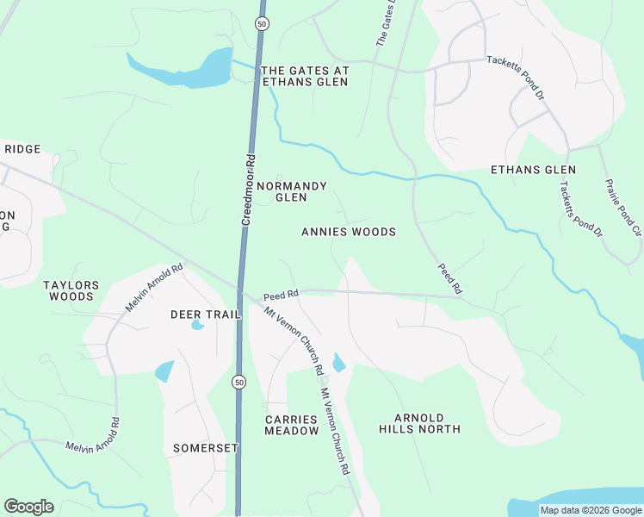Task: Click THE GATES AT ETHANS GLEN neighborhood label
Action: [x=304, y=76]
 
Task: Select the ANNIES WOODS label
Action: [x=349, y=232]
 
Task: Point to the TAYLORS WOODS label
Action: [x=71, y=290]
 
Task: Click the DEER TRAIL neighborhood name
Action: [x=205, y=315]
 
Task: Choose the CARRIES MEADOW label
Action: [x=291, y=425]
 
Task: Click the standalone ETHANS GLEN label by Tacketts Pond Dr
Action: [x=533, y=170]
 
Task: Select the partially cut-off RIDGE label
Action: [x=22, y=149]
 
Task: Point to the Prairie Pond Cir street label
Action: [x=623, y=207]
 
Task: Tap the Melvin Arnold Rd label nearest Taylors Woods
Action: [x=156, y=288]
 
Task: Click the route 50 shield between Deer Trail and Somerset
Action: [x=238, y=381]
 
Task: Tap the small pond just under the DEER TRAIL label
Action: [x=197, y=326]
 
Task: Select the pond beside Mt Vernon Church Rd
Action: [x=338, y=363]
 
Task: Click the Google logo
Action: [x=28, y=507]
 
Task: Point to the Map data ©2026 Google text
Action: [x=590, y=510]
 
